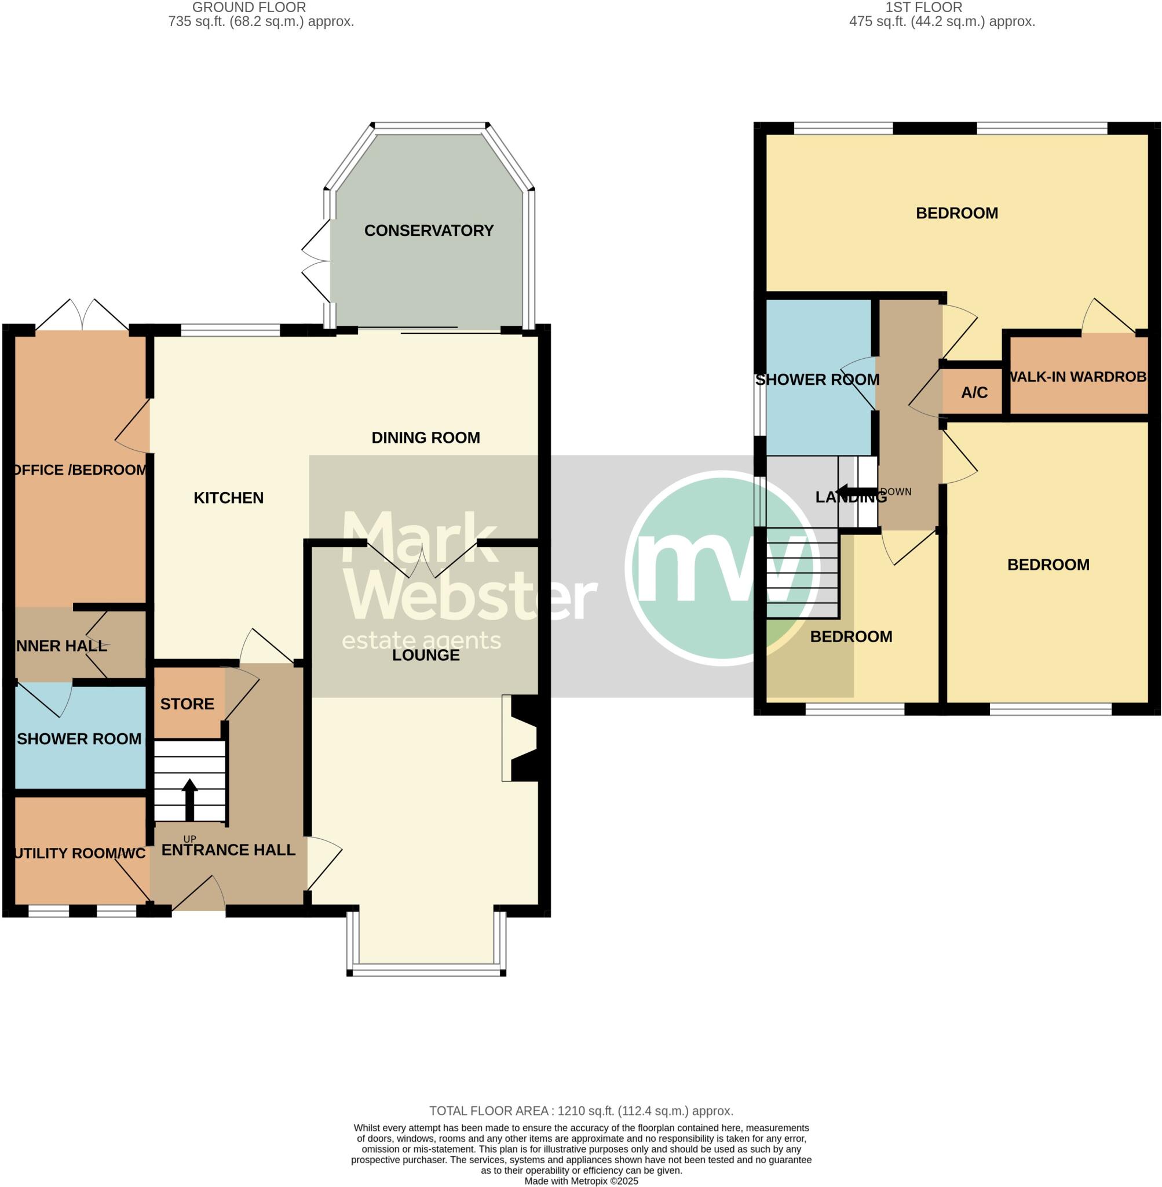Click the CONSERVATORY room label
pyautogui.click(x=429, y=230)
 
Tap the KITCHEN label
pyautogui.click(x=228, y=498)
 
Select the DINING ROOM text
pyautogui.click(x=425, y=437)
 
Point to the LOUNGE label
pyautogui.click(x=425, y=654)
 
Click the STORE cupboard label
pyautogui.click(x=187, y=704)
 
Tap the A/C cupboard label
pyautogui.click(x=974, y=392)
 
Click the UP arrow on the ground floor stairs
pyautogui.click(x=190, y=799)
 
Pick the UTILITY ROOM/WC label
pyautogui.click(x=80, y=853)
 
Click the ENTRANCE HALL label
pyautogui.click(x=228, y=849)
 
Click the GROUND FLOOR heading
pyautogui.click(x=249, y=8)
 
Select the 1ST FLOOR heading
pyautogui.click(x=923, y=8)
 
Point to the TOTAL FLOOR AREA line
pyautogui.click(x=581, y=1110)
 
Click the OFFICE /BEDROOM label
pyautogui.click(x=80, y=469)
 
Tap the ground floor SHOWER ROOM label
pyautogui.click(x=79, y=739)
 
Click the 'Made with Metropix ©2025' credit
pyautogui.click(x=581, y=1181)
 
